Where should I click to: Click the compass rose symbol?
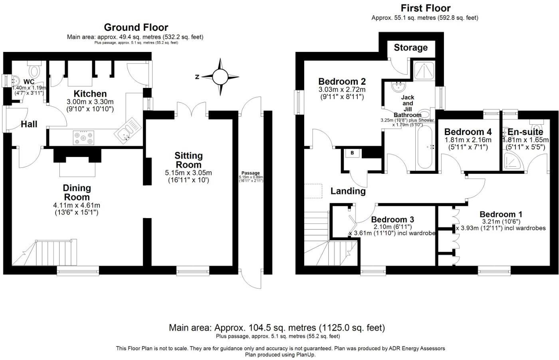coord(220,77)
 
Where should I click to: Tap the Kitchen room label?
coord(90,94)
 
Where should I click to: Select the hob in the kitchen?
coord(83,138)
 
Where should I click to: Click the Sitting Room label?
coord(189,160)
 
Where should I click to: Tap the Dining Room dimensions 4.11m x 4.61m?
coord(77,205)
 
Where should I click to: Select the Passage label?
coord(250,173)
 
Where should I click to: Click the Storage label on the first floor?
coord(410,48)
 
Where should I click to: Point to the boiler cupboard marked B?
coord(352,153)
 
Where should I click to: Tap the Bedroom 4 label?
coord(468,132)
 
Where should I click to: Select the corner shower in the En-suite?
coord(513,160)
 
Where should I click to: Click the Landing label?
coord(348,191)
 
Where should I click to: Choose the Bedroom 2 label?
coord(342,82)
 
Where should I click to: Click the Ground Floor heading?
coord(136,27)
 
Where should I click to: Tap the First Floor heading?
coord(425,8)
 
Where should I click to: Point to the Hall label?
coord(29,124)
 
